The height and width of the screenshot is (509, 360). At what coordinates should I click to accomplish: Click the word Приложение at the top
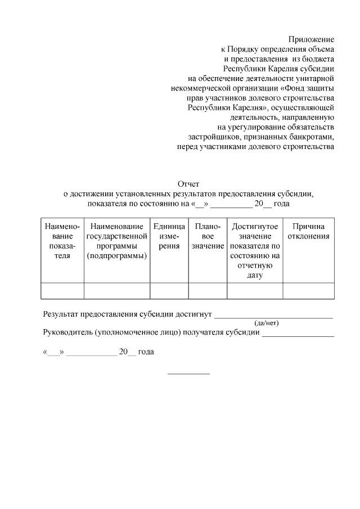tap(311, 39)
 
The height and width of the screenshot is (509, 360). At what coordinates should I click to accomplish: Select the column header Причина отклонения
tap(308, 231)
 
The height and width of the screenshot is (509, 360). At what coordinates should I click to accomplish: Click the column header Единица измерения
tap(169, 236)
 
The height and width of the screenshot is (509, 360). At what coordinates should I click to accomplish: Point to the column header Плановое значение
tap(208, 236)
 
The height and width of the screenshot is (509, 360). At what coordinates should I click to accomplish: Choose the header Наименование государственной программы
tap(117, 241)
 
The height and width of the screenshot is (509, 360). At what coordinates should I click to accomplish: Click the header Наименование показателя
tap(62, 241)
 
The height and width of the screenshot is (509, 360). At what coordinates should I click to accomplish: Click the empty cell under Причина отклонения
tap(308, 291)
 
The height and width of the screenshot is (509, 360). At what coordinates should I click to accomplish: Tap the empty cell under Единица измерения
tap(169, 291)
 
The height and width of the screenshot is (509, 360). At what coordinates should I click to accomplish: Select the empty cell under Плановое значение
tap(208, 291)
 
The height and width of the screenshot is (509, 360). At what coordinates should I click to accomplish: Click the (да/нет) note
tap(267, 323)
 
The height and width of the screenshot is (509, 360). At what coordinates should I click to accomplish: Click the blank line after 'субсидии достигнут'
tap(274, 317)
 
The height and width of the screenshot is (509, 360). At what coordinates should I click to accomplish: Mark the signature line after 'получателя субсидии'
tap(298, 335)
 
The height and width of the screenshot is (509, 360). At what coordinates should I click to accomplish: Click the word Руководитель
tap(67, 332)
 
